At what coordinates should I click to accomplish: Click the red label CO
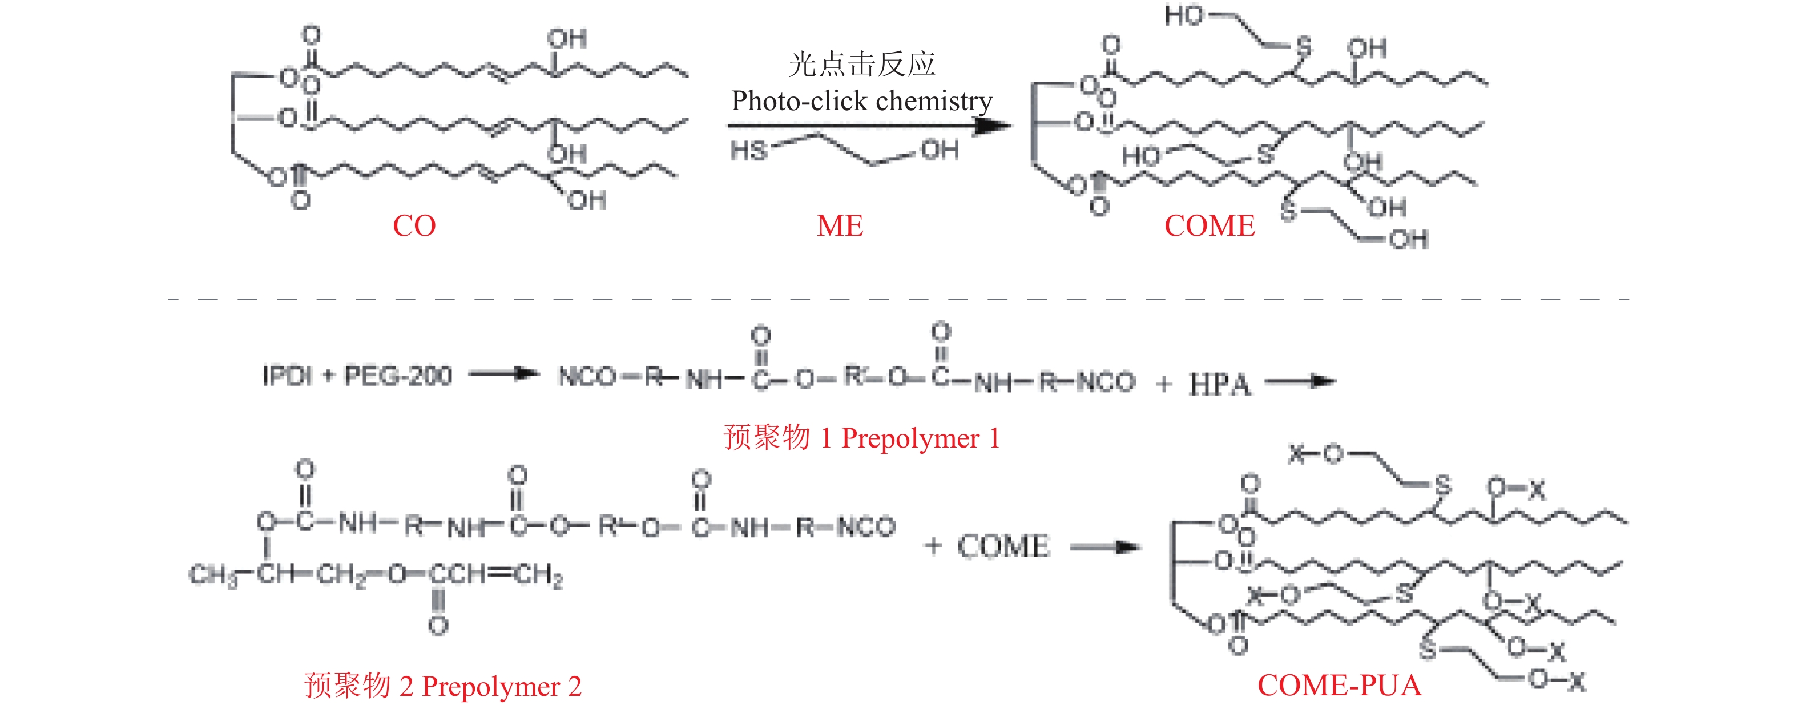click(414, 225)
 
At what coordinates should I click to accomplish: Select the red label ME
click(840, 225)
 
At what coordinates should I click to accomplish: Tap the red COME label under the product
click(1209, 225)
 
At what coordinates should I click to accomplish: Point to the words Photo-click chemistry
click(861, 101)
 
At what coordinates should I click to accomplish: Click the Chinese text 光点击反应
click(861, 64)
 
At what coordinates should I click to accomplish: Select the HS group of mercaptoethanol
click(748, 150)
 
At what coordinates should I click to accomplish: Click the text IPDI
click(287, 376)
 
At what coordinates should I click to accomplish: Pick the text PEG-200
click(398, 376)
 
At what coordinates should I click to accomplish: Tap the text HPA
click(1219, 384)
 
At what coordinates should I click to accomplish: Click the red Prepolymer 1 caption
click(861, 438)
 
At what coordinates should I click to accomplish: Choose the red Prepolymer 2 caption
click(442, 686)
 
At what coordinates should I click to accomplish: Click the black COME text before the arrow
click(1003, 546)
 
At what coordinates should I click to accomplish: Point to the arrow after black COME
click(1105, 548)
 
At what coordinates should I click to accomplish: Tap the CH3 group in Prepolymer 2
click(212, 575)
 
